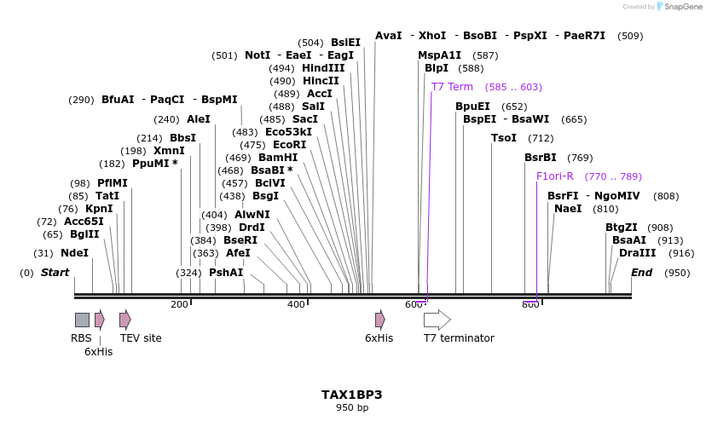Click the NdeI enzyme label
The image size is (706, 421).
point(74,253)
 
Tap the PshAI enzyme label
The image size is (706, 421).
point(226,273)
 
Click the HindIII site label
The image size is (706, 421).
point(323,68)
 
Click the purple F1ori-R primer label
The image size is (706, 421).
point(554,176)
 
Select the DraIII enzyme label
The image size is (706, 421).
point(638,253)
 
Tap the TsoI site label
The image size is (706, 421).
point(504,138)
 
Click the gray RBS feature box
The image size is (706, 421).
point(82,320)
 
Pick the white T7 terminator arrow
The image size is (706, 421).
point(437,320)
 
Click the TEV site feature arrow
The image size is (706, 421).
point(125,320)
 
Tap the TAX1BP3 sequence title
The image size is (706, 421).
point(351,395)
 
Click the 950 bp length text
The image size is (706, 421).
point(351,408)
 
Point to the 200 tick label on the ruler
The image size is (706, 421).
point(179,304)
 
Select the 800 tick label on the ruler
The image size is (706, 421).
point(530,304)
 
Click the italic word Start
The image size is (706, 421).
point(55,273)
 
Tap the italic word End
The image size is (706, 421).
point(641,273)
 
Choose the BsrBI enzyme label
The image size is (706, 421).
point(540,158)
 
